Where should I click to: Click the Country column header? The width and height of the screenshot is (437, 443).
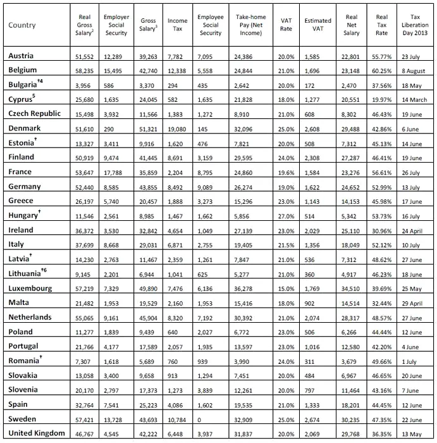pos(22,25)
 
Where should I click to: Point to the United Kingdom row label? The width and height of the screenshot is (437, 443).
pos(37,433)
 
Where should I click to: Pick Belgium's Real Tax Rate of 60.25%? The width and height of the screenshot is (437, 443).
pos(382,70)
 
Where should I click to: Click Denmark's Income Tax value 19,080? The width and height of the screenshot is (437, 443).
pos(178,128)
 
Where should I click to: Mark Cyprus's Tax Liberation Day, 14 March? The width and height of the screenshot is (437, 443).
pos(414,99)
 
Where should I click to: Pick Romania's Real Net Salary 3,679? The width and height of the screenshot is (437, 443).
pos(352,361)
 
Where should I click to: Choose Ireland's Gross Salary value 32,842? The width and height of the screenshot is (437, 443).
pos(148,230)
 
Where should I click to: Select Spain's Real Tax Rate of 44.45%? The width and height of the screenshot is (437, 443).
pos(382,404)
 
